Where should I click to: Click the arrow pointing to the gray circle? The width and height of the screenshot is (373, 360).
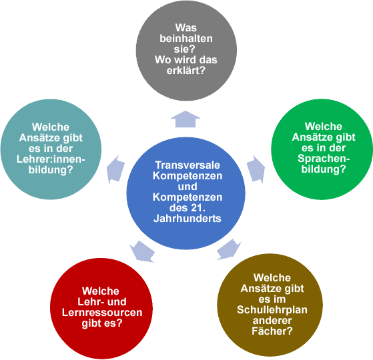[x=185, y=119]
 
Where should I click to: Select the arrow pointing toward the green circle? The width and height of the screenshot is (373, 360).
[x=256, y=169]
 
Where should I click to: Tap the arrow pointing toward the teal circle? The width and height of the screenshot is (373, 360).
[x=115, y=169]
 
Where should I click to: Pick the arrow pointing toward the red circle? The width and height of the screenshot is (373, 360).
[x=142, y=251]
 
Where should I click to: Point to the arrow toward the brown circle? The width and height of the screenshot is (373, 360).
[x=228, y=249]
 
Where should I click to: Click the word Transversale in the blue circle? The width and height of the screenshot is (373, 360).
[x=188, y=165]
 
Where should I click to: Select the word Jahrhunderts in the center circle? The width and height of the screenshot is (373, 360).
[x=188, y=219]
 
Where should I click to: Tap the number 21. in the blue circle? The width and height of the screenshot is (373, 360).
[x=198, y=208]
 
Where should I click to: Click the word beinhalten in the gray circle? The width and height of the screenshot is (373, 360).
[x=186, y=39]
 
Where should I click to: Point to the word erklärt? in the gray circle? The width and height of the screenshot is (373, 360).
[x=185, y=71]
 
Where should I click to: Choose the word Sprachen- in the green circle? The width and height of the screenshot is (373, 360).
[x=324, y=159]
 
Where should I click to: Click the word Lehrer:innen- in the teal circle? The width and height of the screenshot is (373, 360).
[x=51, y=159]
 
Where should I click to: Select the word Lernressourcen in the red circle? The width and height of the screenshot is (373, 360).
[x=102, y=313]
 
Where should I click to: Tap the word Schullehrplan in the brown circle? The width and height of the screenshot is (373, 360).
[x=272, y=310]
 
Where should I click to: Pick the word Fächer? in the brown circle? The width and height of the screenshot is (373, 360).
[x=272, y=331]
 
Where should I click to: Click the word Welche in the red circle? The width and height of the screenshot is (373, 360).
[x=100, y=291]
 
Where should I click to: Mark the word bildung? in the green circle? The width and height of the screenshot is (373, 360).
[x=324, y=169]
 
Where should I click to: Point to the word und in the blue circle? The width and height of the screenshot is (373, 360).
[x=188, y=186]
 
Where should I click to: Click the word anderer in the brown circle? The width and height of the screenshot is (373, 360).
[x=272, y=321]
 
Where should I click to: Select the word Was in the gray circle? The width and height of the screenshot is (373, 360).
[x=186, y=28]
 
